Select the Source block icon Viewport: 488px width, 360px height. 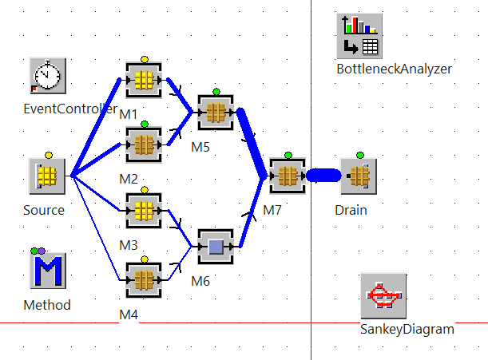click(x=47, y=175)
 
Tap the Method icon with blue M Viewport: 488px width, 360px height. click(x=47, y=271)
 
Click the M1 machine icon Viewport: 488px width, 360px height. click(x=144, y=80)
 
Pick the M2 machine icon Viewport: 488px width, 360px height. click(x=144, y=144)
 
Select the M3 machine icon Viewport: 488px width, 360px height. click(x=144, y=210)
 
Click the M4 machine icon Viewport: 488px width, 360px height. click(x=144, y=279)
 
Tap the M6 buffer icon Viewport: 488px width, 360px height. click(x=215, y=245)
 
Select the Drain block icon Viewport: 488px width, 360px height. click(x=359, y=175)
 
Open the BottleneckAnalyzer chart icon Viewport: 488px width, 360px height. click(x=359, y=36)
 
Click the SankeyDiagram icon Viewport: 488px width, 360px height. click(x=383, y=297)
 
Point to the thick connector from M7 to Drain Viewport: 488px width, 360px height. click(x=323, y=175)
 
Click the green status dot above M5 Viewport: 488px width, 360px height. click(x=216, y=92)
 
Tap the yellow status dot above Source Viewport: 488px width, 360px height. click(x=48, y=155)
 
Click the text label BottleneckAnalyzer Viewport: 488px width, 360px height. click(x=394, y=69)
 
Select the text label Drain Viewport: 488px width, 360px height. click(x=351, y=211)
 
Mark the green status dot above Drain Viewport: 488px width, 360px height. click(x=359, y=155)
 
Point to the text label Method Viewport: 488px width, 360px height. click(x=47, y=305)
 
